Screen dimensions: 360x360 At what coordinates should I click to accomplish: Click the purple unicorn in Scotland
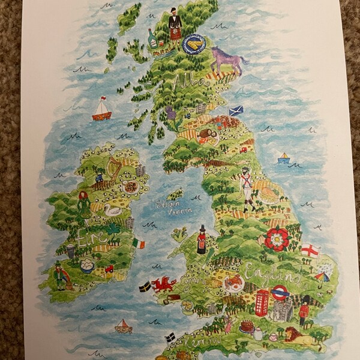click(227, 59)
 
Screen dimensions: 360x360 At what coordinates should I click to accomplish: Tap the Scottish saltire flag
click(236, 112)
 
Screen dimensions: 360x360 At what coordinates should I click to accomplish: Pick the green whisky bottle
click(153, 39)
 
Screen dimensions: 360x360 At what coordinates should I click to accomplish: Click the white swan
click(112, 209)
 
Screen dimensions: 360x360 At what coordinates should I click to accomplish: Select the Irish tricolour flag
click(139, 244)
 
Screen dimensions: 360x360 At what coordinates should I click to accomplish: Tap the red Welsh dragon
click(163, 283)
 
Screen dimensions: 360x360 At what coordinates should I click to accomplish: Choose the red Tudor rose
click(277, 238)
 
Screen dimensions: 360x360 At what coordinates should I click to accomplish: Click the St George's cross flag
click(310, 250)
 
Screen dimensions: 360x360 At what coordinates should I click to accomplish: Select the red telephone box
click(262, 302)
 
